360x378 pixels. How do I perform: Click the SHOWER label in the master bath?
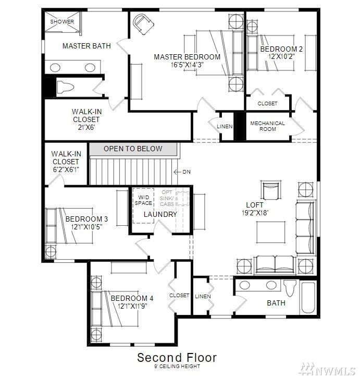(62, 22)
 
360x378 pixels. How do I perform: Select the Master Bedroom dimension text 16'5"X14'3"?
(187, 65)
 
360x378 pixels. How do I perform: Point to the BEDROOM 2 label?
(281, 50)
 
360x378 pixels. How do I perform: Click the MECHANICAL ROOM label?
(267, 126)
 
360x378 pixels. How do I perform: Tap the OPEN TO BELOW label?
(133, 149)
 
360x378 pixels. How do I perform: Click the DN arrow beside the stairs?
(183, 172)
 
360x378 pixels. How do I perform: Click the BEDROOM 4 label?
(132, 298)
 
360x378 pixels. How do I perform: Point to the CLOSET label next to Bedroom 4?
(179, 296)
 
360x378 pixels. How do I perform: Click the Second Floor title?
(177, 358)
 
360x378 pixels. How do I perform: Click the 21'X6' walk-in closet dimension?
(86, 127)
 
